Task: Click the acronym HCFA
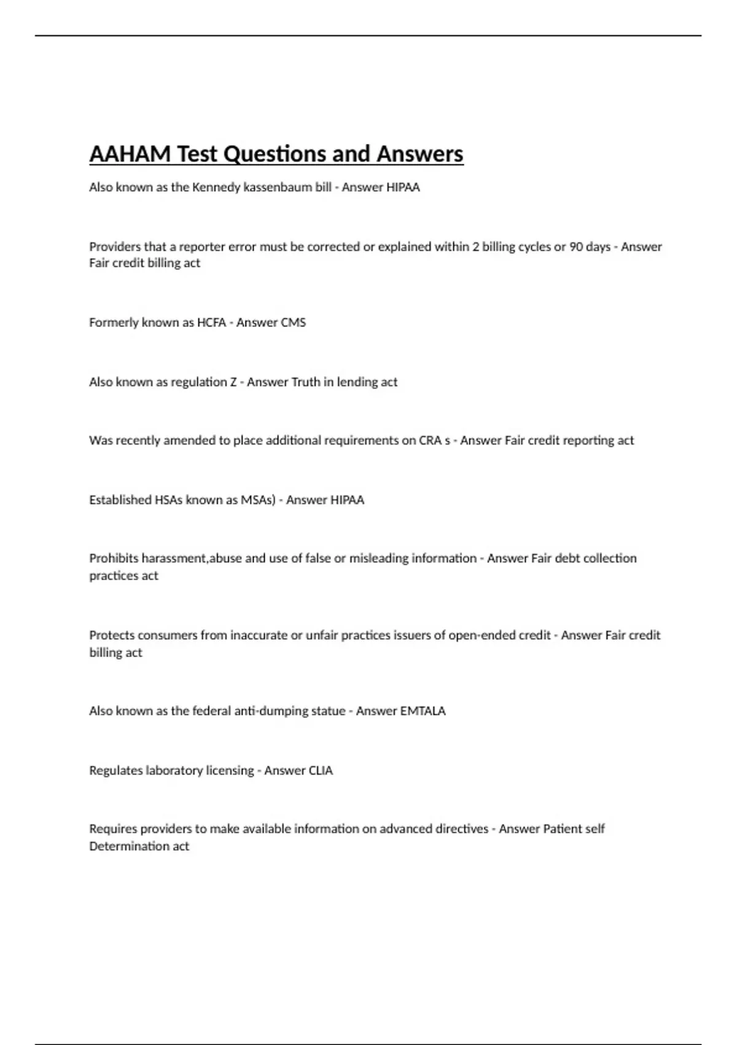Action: pos(211,323)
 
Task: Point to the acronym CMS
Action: pos(292,323)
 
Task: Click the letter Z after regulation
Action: pos(233,382)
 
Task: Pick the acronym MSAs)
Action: pos(258,500)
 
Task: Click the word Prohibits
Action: pos(114,559)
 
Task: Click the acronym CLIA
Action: pos(321,771)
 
